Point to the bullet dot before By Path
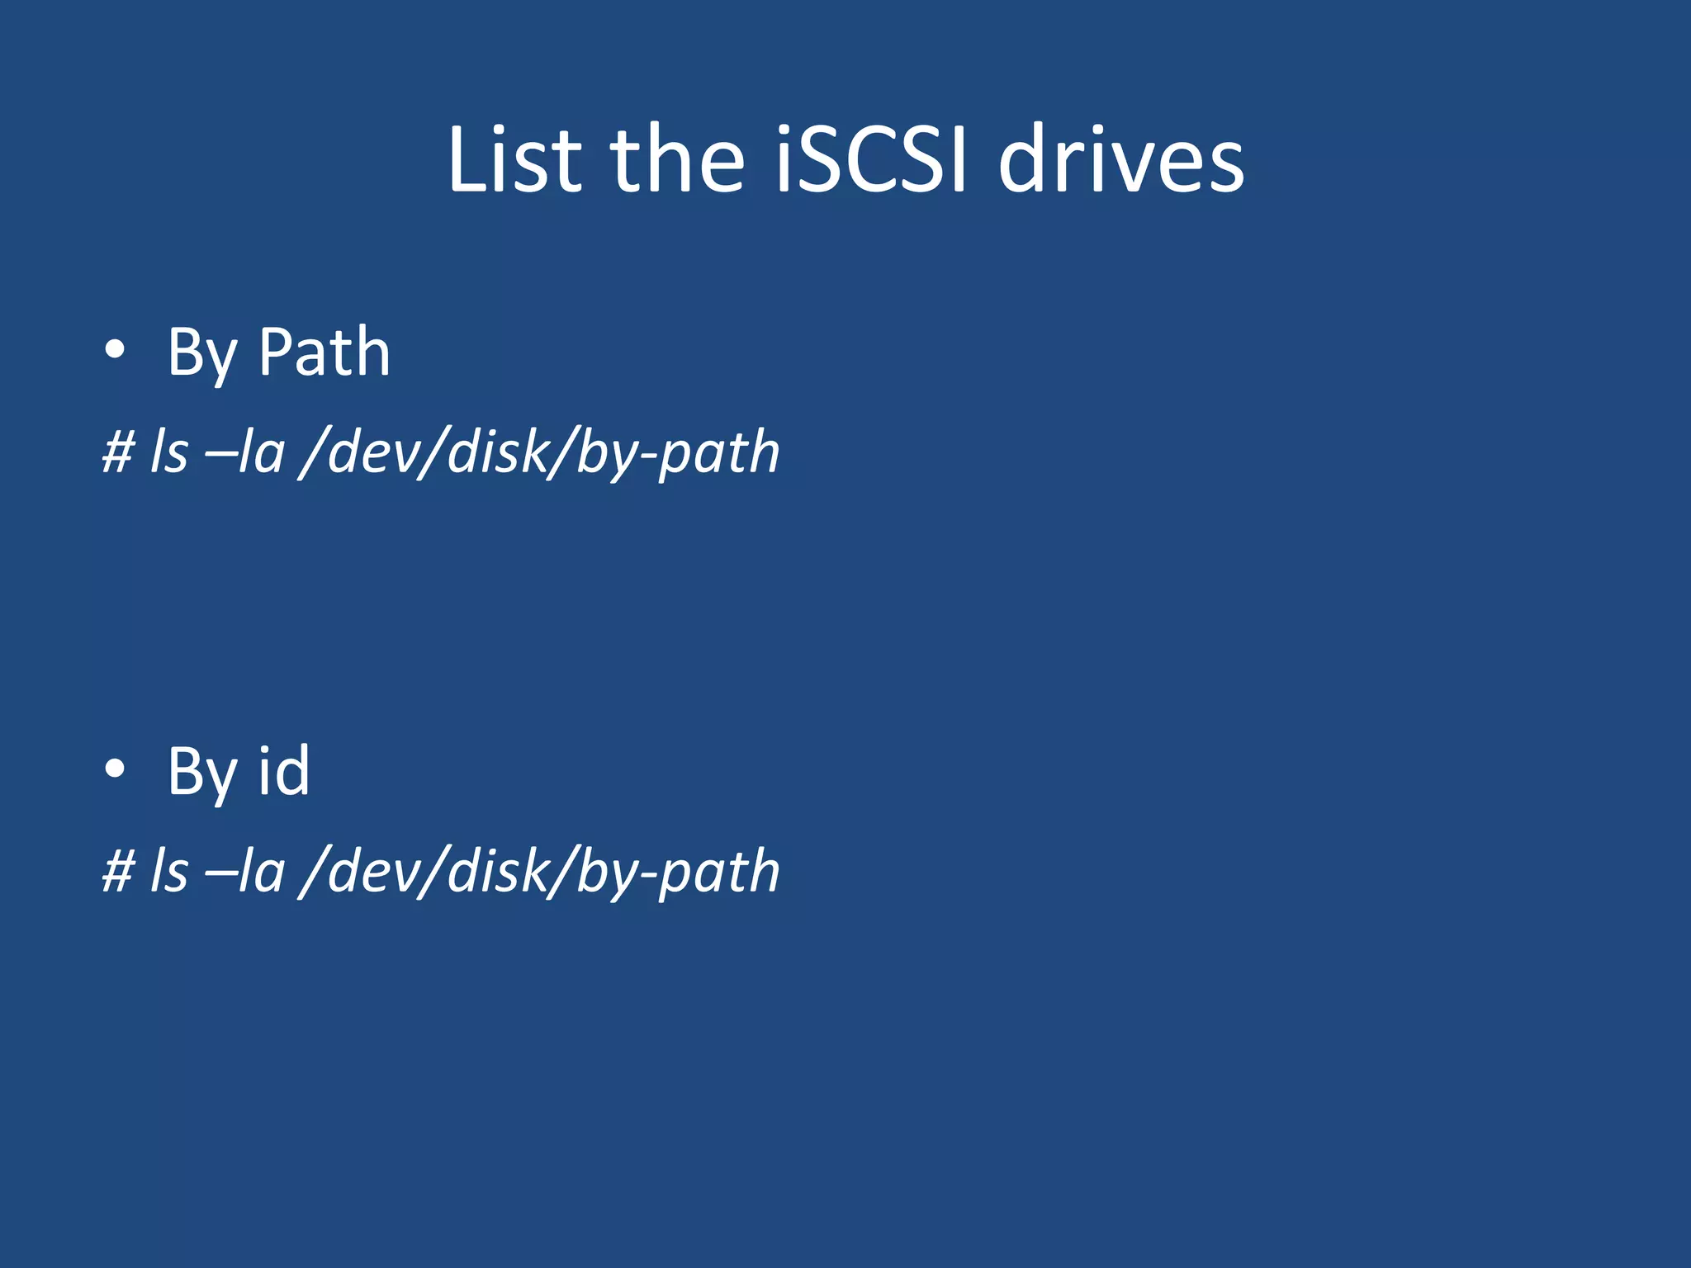click(x=115, y=350)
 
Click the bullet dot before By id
click(x=115, y=769)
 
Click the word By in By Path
click(x=201, y=355)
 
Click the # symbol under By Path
click(x=118, y=452)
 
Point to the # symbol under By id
click(x=118, y=872)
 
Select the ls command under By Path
click(x=168, y=452)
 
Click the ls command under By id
click(x=168, y=872)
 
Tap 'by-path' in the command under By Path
click(x=677, y=454)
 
